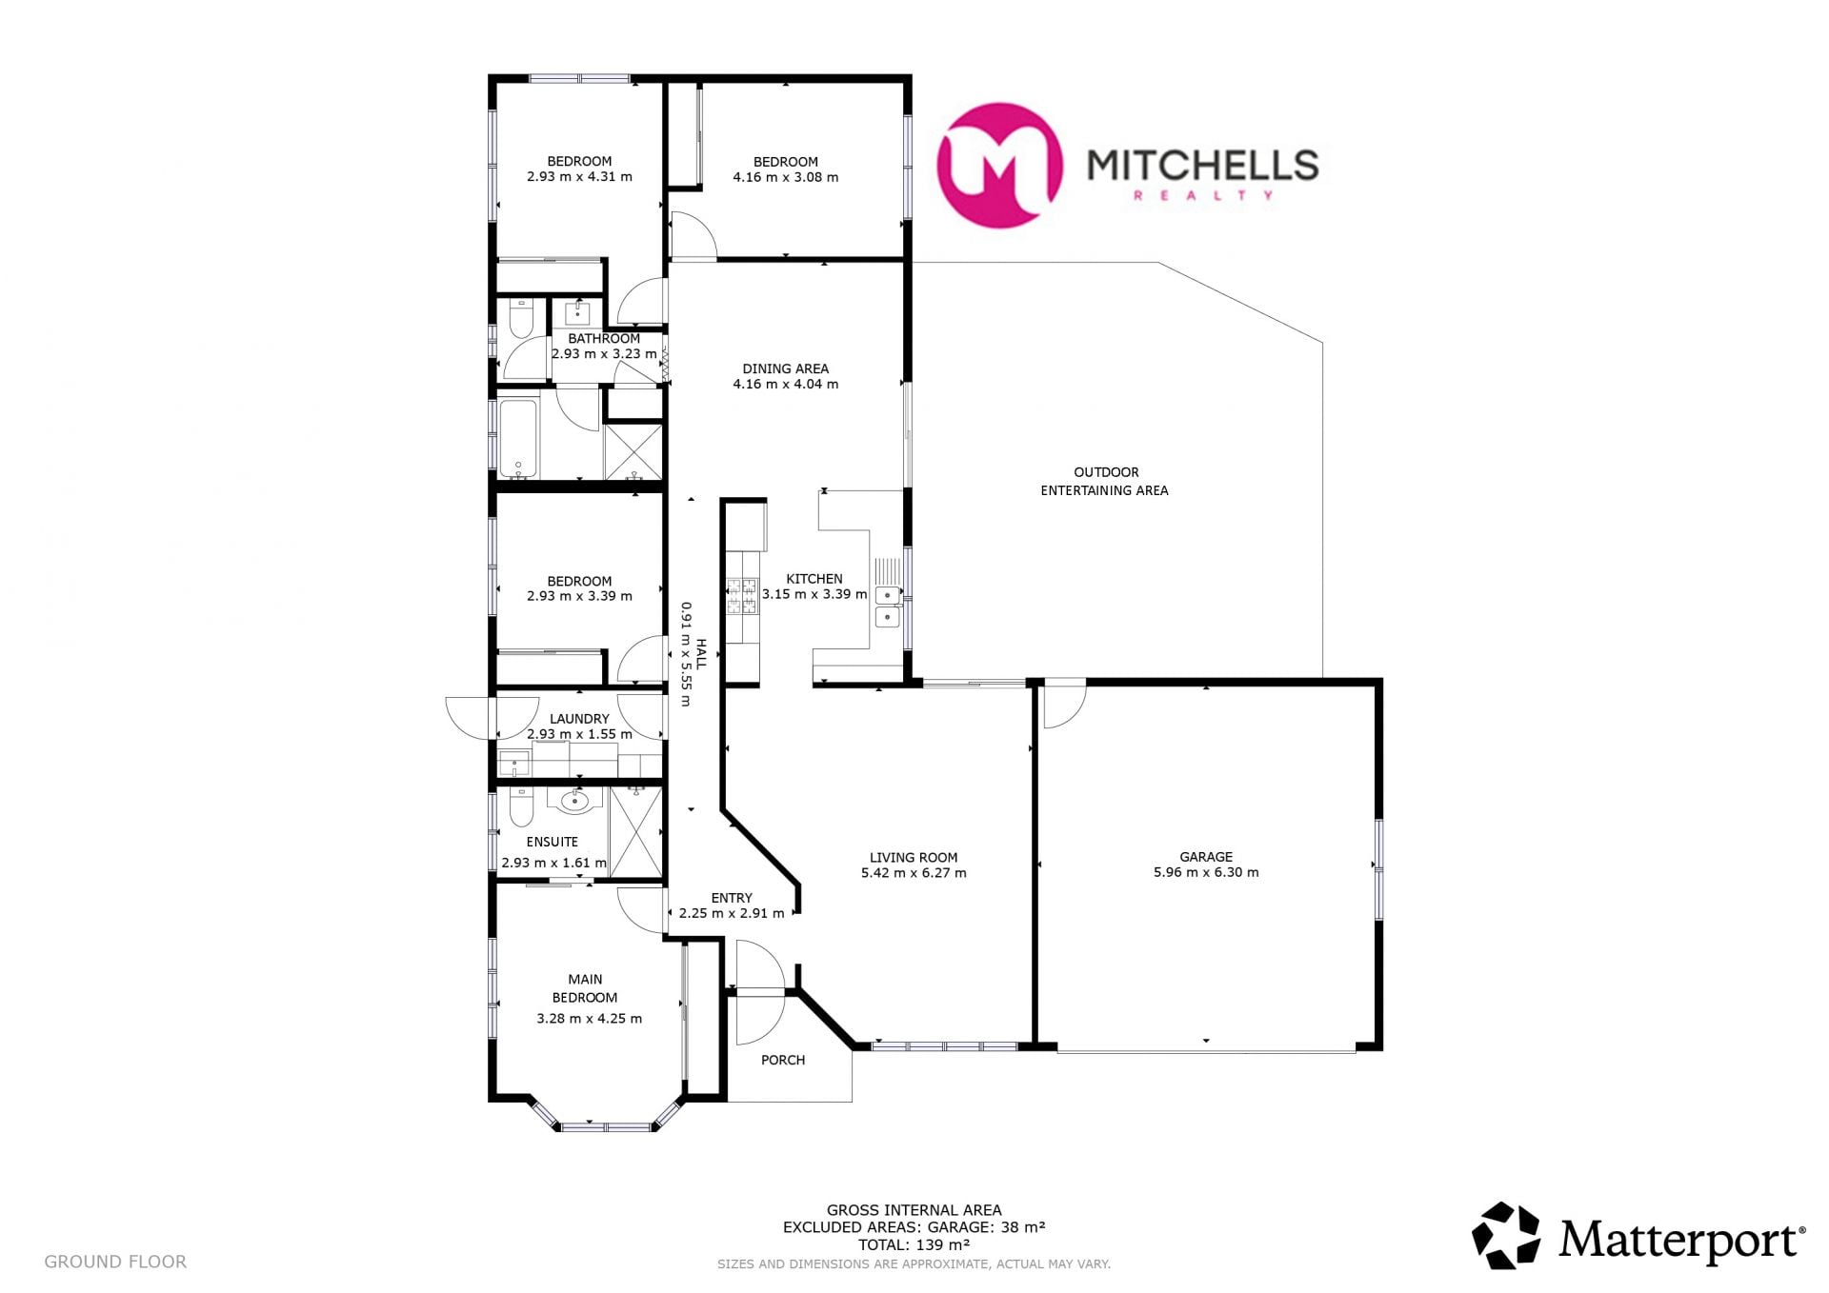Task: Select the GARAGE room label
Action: click(x=1206, y=857)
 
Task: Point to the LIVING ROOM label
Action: click(x=914, y=857)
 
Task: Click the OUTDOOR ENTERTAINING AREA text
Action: click(x=1105, y=481)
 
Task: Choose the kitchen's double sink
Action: click(x=888, y=606)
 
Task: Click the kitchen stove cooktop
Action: click(x=743, y=596)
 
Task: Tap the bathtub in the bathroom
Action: click(x=518, y=439)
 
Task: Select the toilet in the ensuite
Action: click(x=521, y=806)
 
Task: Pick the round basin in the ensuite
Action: click(x=574, y=802)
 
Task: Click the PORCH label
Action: click(x=783, y=1060)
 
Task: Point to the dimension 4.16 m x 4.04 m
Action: click(x=786, y=385)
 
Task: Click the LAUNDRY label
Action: click(x=579, y=719)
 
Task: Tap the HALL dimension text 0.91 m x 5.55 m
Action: click(x=685, y=653)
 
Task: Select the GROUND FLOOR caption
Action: click(x=115, y=1262)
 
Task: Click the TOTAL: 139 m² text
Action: click(x=914, y=1243)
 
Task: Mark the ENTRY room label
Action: click(x=732, y=898)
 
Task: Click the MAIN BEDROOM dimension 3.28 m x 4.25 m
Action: click(x=589, y=1019)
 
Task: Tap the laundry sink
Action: click(x=515, y=764)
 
